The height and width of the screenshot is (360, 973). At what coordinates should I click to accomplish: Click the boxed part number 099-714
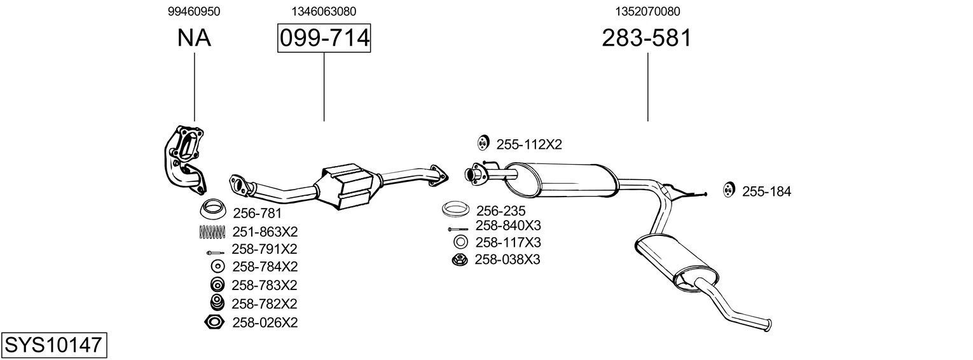click(x=324, y=38)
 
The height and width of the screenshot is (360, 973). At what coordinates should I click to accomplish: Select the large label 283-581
click(x=646, y=38)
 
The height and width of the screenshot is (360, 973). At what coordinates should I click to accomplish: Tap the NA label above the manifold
click(x=194, y=38)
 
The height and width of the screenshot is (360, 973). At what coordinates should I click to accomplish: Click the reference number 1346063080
click(x=324, y=11)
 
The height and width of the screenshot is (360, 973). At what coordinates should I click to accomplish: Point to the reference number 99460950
click(x=194, y=11)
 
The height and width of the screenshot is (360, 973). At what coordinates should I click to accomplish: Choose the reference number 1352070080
click(x=647, y=11)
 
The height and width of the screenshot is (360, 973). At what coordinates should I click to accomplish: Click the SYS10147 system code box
click(x=53, y=345)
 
